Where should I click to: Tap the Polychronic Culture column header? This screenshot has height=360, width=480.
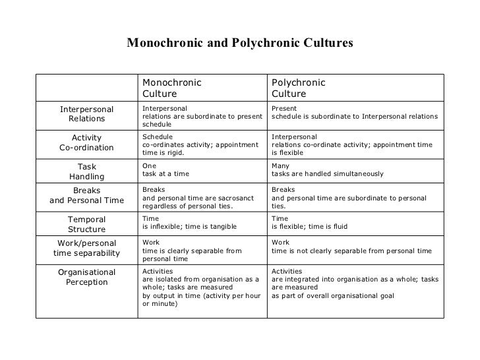(x=299, y=88)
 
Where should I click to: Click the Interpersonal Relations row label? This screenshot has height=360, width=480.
(x=86, y=114)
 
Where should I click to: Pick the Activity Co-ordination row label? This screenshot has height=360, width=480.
(x=86, y=142)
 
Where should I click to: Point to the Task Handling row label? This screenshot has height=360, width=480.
(x=86, y=171)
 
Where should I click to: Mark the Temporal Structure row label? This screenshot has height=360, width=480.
(x=86, y=224)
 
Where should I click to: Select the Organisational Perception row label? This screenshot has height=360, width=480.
(x=86, y=278)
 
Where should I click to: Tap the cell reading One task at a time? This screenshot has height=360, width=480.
(x=201, y=170)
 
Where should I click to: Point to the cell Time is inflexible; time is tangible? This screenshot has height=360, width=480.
(x=201, y=223)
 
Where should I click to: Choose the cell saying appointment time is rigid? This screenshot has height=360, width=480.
(x=201, y=142)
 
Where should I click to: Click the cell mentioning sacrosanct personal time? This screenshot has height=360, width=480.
(x=201, y=196)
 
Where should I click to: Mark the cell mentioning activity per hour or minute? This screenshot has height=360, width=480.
(x=201, y=287)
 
